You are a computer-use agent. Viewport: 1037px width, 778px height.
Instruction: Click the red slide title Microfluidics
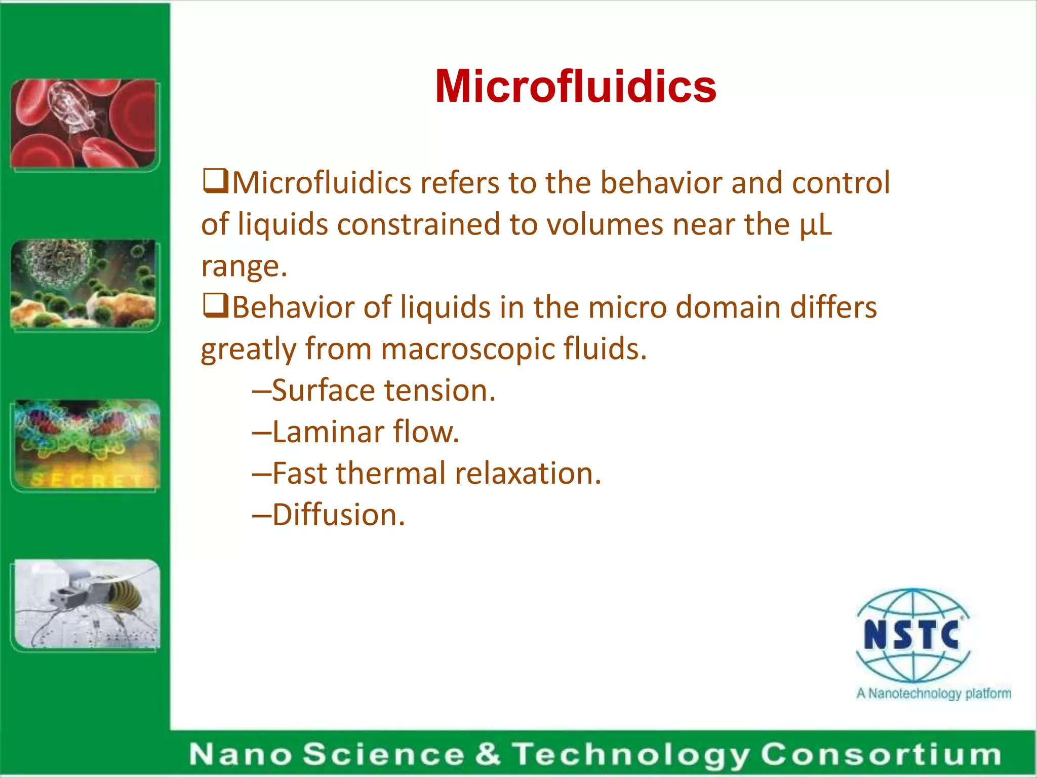click(575, 87)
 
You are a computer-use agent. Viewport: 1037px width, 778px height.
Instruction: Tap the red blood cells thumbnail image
click(84, 124)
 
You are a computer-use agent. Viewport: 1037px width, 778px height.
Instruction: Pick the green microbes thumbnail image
click(84, 284)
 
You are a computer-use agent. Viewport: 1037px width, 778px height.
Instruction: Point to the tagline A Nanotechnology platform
click(933, 693)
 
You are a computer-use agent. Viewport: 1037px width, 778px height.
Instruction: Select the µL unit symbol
click(816, 224)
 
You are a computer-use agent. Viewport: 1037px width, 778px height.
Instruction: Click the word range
click(244, 266)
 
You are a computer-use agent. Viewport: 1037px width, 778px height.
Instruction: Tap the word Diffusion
click(338, 515)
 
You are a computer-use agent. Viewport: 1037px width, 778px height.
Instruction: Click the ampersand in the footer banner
click(487, 754)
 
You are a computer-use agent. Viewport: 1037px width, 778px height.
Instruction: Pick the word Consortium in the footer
click(881, 754)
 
